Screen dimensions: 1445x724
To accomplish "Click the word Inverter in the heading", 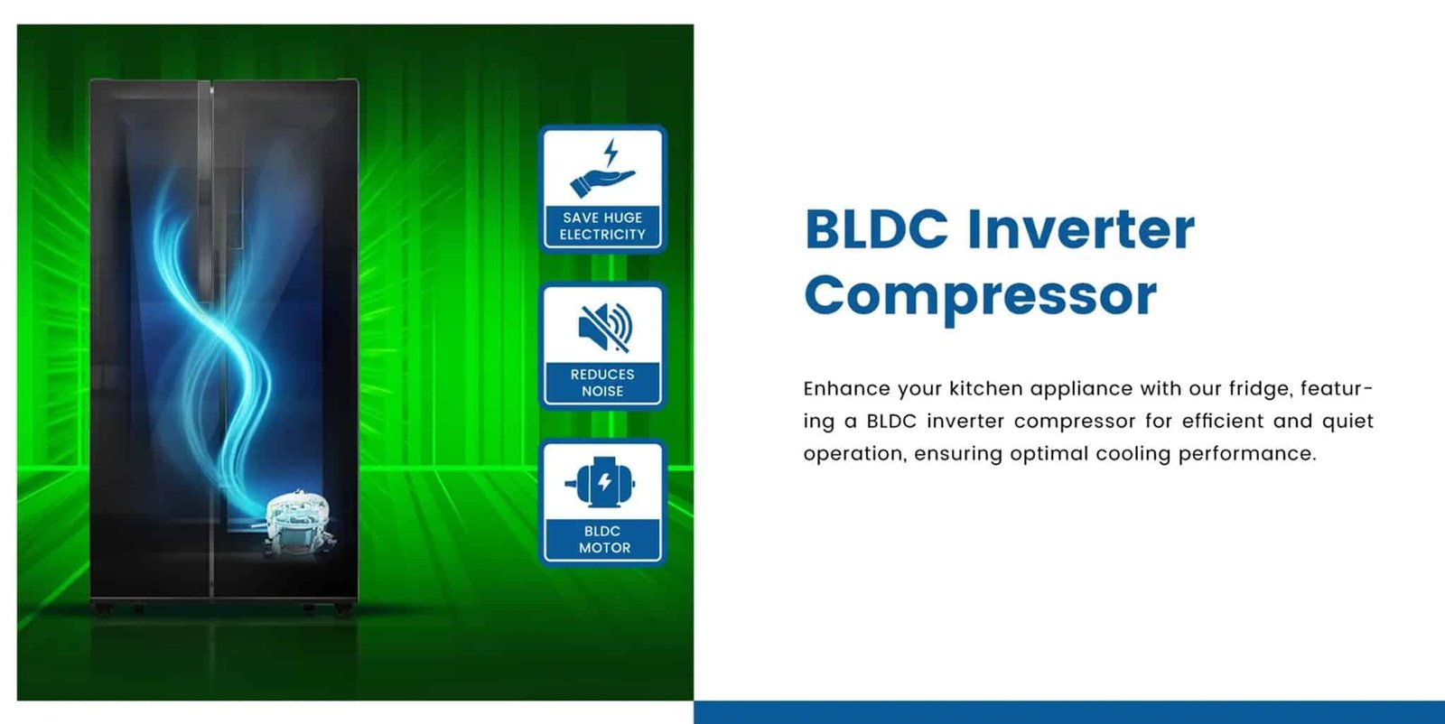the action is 1081,229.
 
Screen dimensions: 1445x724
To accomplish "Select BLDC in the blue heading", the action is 876,229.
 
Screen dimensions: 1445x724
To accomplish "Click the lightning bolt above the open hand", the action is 611,153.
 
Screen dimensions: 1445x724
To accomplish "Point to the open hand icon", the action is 601,182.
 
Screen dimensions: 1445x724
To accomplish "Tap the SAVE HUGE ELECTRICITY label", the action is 602,227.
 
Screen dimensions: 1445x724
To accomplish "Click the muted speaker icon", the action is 604,328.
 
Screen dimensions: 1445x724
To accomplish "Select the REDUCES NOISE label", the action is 602,383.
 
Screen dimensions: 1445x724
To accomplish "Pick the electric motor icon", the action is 601,482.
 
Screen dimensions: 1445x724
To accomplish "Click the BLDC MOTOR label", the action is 604,540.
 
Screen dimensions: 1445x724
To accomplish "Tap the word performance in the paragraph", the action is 1247,454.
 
